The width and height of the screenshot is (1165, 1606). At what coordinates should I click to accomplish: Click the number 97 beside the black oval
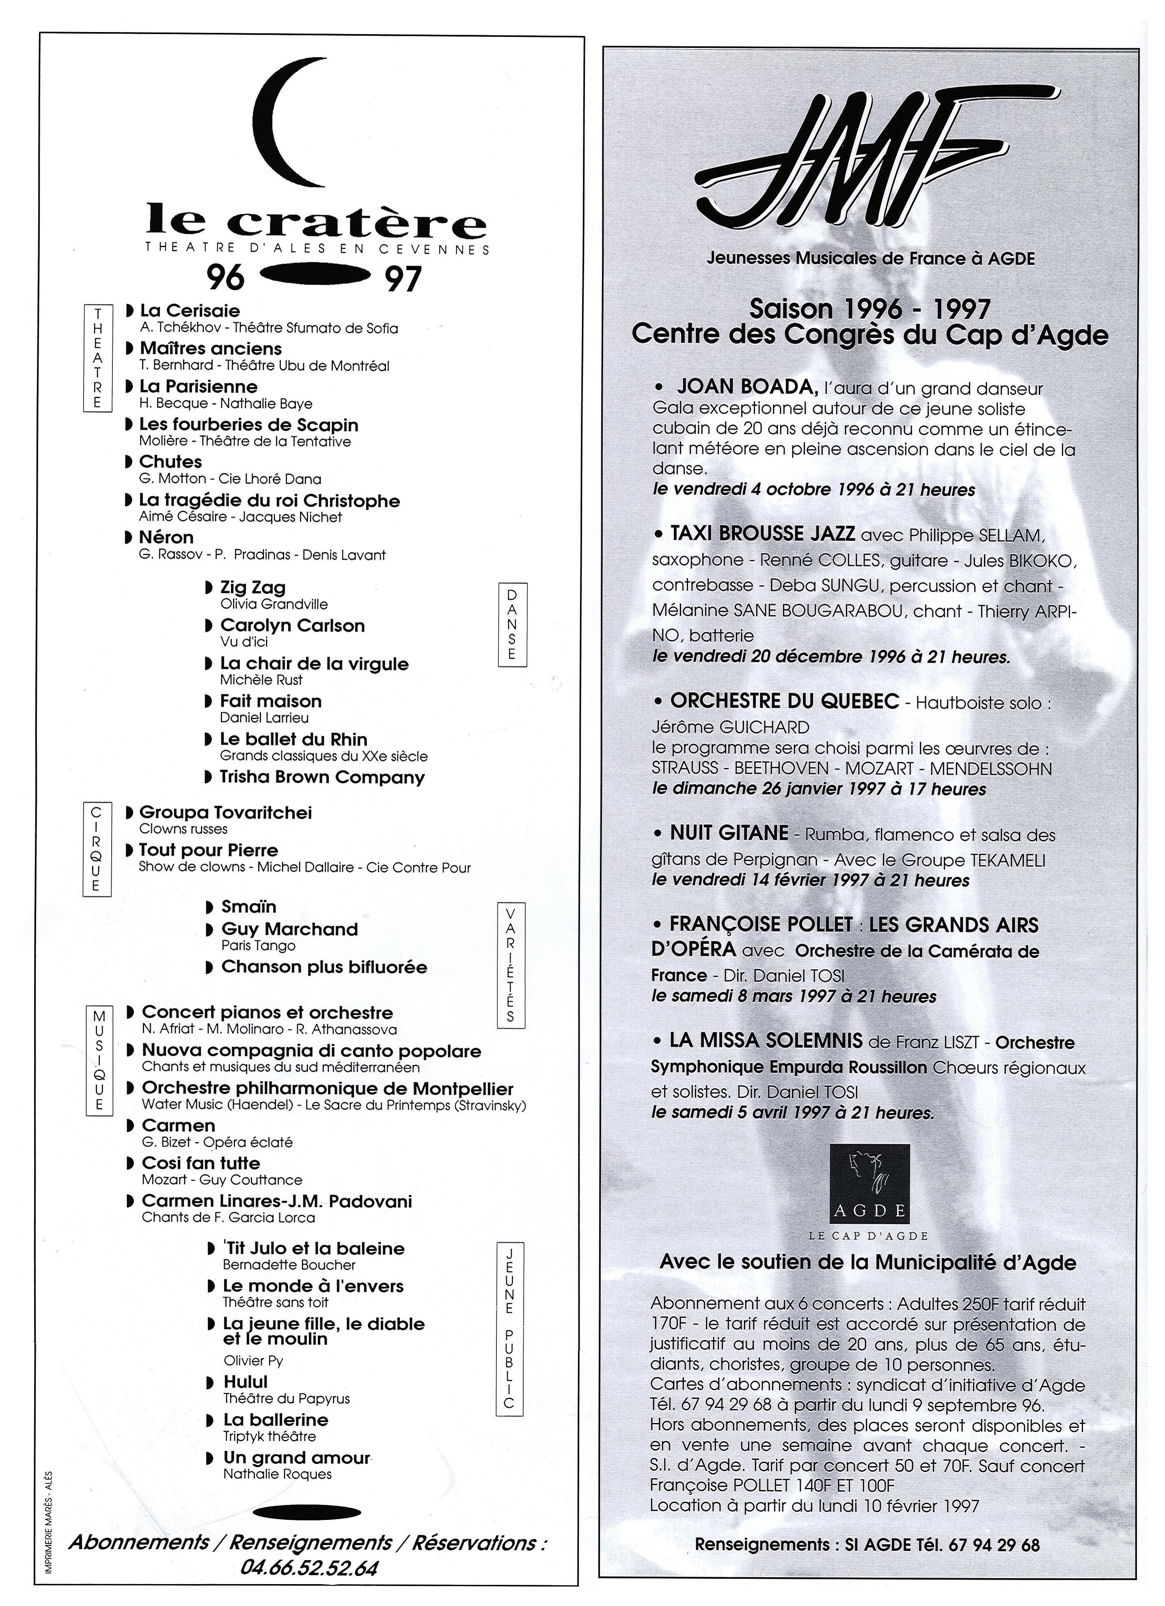click(x=402, y=279)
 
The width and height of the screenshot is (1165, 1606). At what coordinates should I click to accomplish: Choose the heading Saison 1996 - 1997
click(x=869, y=309)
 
